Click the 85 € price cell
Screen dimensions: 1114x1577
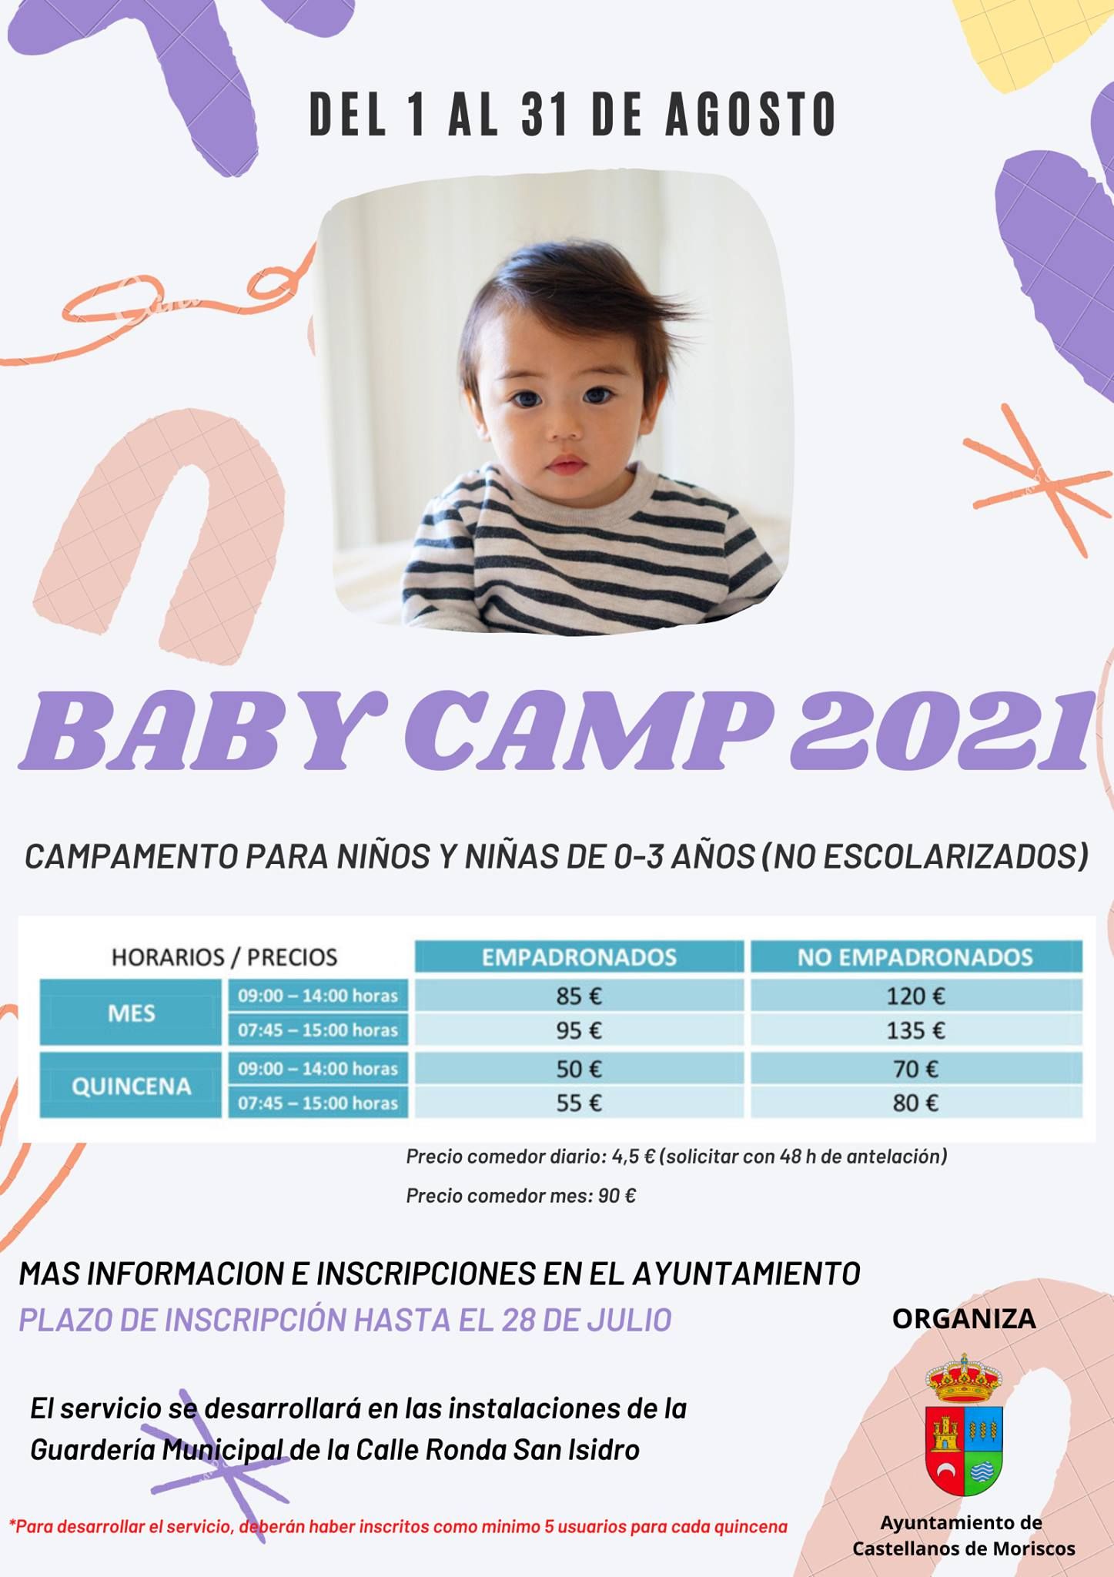(579, 996)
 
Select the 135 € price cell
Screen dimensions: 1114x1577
(916, 1030)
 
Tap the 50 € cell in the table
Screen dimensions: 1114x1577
(579, 1068)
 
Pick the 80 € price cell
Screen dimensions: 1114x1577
(916, 1103)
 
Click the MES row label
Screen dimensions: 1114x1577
(131, 1013)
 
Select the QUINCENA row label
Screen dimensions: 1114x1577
(131, 1086)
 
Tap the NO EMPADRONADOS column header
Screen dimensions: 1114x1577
(916, 957)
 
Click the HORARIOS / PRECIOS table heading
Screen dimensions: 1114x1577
(225, 957)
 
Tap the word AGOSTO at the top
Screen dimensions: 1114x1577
(751, 115)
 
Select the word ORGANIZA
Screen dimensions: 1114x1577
(964, 1318)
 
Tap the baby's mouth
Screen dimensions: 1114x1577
(567, 464)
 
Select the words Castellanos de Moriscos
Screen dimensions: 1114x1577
(963, 1549)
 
